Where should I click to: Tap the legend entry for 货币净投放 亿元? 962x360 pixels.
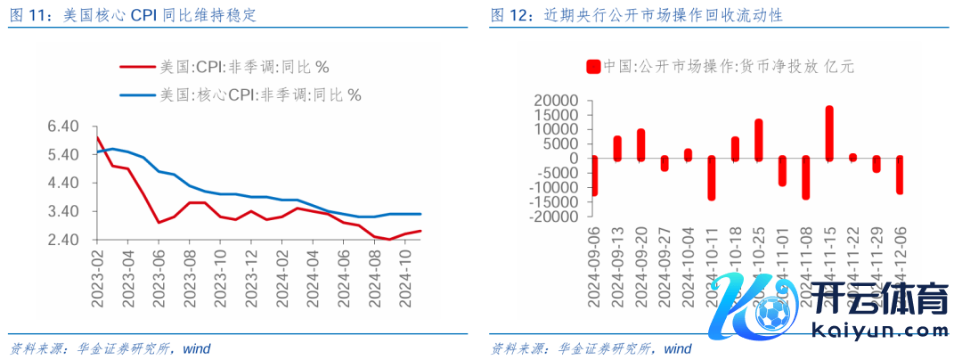pyautogui.click(x=721, y=66)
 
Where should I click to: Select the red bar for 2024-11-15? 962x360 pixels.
pyautogui.click(x=829, y=134)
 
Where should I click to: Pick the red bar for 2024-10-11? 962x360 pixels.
pyautogui.click(x=712, y=178)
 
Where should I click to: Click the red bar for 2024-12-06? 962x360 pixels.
pyautogui.click(x=900, y=175)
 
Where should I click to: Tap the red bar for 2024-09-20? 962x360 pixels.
pyautogui.click(x=640, y=145)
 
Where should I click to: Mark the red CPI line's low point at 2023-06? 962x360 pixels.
pyautogui.click(x=159, y=223)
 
